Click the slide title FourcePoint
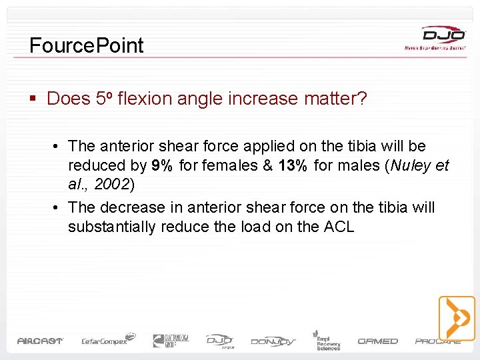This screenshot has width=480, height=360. pyautogui.click(x=87, y=45)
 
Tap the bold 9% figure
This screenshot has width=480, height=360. pyautogui.click(x=163, y=165)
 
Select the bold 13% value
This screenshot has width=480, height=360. pyautogui.click(x=293, y=165)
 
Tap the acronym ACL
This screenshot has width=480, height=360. pyautogui.click(x=339, y=227)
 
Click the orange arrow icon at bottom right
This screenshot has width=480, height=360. pyautogui.click(x=457, y=318)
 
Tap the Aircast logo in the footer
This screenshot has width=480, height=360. pyautogui.click(x=40, y=341)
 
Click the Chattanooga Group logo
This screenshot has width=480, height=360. pyautogui.click(x=171, y=341)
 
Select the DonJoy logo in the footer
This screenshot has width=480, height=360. pyautogui.click(x=273, y=341)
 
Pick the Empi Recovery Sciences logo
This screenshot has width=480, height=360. pyautogui.click(x=327, y=340)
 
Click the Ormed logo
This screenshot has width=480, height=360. pyautogui.click(x=378, y=341)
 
